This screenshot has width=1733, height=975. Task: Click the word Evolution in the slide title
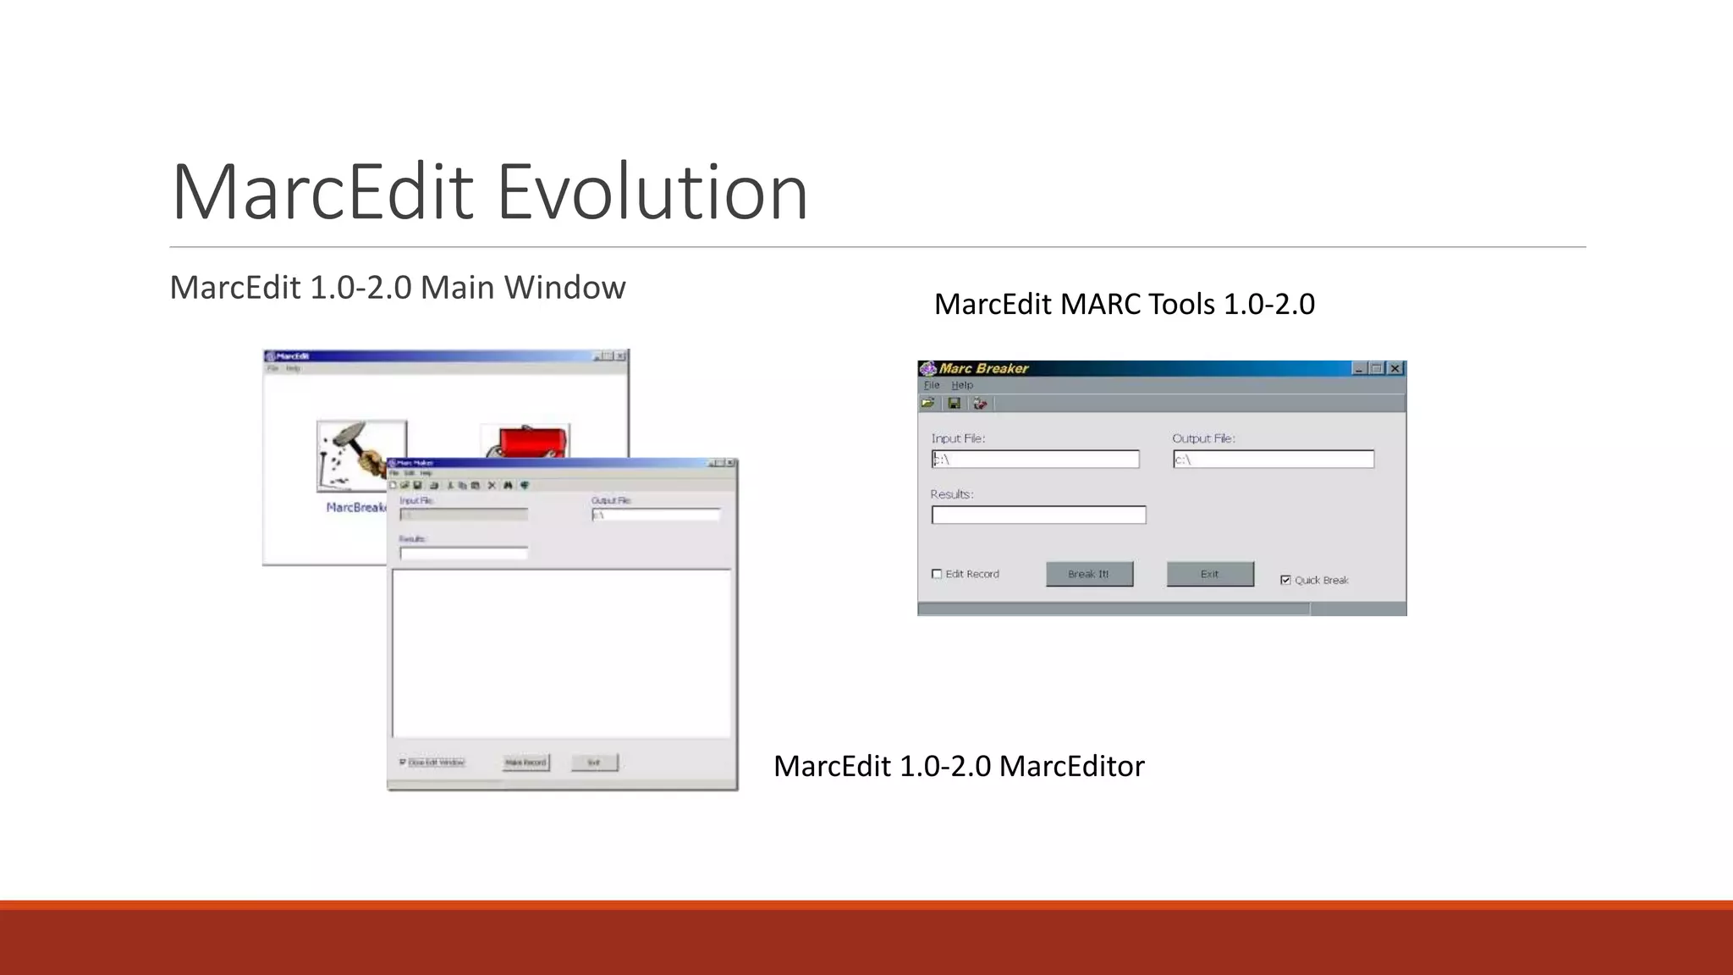coord(652,192)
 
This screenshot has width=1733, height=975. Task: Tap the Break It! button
coord(1089,574)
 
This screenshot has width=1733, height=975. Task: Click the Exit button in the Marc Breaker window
coord(1210,574)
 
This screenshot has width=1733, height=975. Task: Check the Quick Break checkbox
coord(1285,580)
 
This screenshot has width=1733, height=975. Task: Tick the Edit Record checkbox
coord(937,574)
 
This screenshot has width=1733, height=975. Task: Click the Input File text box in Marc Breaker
coord(1036,460)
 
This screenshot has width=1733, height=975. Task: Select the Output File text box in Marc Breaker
coord(1274,460)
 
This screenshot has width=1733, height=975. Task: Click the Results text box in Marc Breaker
coord(1038,515)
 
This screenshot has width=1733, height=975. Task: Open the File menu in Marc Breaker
coord(932,385)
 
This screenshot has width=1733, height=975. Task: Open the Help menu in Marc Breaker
coord(962,385)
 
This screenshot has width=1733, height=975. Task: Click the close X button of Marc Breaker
coord(1395,368)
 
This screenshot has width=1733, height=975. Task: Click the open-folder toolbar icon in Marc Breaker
coord(928,404)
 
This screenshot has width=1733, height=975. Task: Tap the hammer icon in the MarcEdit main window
coord(361,455)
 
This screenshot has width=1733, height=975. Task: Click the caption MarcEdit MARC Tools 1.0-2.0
coord(1124,304)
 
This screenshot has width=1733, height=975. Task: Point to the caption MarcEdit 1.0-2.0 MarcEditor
coord(959,766)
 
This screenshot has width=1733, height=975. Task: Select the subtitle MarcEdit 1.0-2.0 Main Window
coord(397,288)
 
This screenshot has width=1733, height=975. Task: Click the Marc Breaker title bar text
coord(983,368)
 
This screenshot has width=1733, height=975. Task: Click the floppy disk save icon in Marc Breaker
coord(955,404)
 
